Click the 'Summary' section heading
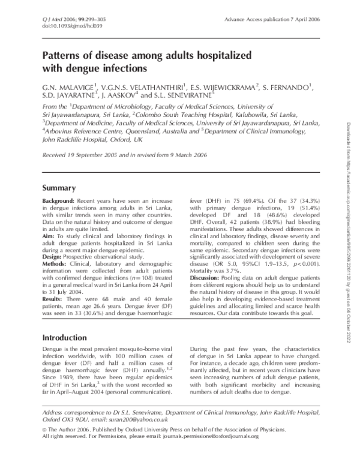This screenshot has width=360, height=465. tap(59, 187)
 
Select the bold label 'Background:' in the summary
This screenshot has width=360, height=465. tap(58, 200)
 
